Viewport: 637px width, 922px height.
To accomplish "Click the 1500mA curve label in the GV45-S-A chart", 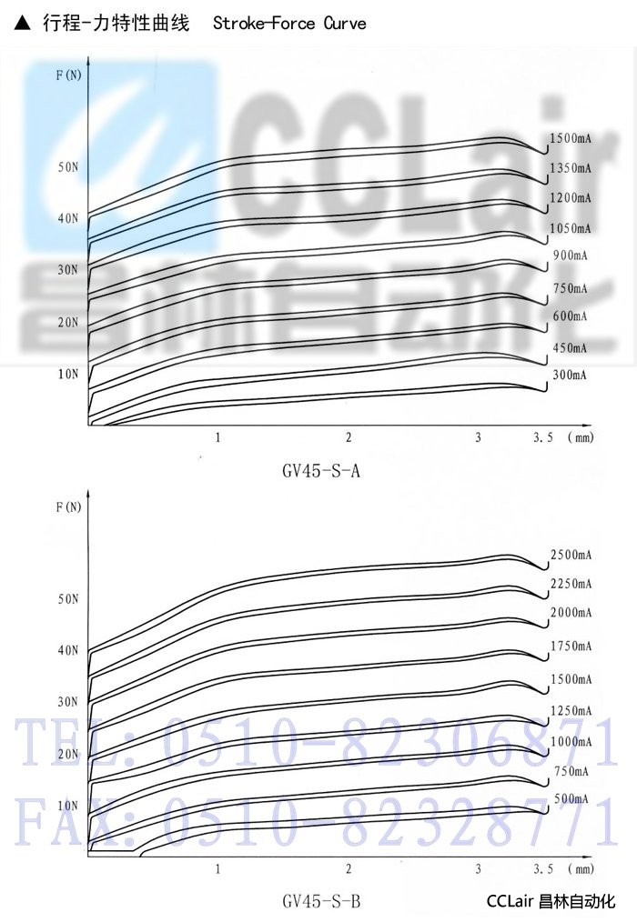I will [x=571, y=138].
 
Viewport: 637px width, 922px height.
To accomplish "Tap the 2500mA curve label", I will [x=571, y=555].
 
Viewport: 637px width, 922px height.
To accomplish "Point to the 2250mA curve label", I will [x=571, y=584].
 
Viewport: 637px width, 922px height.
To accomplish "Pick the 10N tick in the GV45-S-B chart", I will [x=68, y=806].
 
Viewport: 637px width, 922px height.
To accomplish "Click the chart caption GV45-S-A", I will [x=321, y=472].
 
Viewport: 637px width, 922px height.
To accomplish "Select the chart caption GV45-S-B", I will [x=321, y=902].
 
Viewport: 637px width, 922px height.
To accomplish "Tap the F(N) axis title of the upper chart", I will [x=68, y=75].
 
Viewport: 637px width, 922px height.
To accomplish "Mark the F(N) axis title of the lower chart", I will [x=68, y=506].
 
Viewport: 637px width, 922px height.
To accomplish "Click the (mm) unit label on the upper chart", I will [x=580, y=437].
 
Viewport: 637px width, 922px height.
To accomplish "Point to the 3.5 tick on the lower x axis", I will [x=543, y=868].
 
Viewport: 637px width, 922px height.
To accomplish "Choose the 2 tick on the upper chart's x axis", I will [x=349, y=437].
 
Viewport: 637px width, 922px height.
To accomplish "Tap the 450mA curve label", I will [x=571, y=347].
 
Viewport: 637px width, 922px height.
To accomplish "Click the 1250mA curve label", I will [x=571, y=710].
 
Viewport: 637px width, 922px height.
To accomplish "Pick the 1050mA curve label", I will [x=571, y=227].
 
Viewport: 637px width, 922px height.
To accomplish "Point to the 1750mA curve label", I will [x=571, y=646].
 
